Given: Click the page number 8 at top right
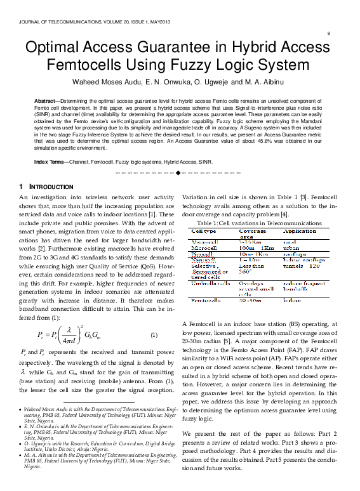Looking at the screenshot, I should point(328,32).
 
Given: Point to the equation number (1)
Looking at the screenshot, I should point(153,334).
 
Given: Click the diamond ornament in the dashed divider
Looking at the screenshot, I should point(179,173).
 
